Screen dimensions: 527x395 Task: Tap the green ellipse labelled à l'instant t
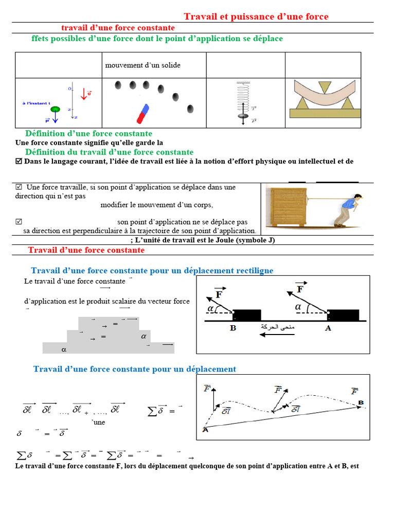pos(55,109)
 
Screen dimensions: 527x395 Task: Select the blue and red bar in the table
pos(142,114)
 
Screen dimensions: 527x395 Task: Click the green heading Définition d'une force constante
pos(88,134)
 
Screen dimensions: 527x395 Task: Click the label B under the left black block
pos(233,328)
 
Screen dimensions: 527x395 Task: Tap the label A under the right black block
pos(328,328)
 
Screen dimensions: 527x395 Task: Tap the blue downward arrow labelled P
pos(55,119)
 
